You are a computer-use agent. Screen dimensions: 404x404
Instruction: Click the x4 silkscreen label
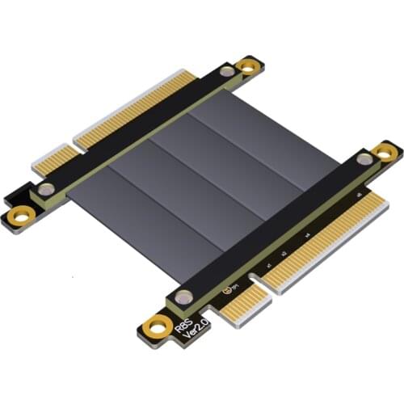(308, 237)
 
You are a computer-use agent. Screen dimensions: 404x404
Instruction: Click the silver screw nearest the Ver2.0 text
(186, 298)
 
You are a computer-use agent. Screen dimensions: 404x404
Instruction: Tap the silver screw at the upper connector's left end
(48, 191)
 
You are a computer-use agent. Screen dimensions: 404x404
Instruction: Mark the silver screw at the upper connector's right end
(228, 71)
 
